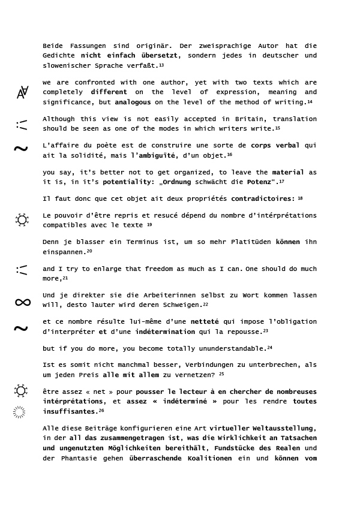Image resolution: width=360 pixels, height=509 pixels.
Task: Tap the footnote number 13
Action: (161, 65)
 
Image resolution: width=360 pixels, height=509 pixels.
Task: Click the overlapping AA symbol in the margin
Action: (22, 92)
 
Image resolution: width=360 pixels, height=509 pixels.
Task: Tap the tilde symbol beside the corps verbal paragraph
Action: (21, 149)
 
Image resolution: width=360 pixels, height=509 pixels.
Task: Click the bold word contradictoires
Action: (263, 198)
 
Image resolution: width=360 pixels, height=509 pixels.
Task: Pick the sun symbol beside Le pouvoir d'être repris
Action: (22, 219)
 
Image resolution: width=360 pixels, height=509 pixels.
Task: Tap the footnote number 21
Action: (65, 278)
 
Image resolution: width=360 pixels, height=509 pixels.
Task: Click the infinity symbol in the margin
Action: (23, 302)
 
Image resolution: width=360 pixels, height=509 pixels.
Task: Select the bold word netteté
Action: (205, 322)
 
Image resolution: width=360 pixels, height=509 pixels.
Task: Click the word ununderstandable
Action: (223, 348)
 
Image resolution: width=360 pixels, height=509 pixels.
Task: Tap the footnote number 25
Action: (221, 374)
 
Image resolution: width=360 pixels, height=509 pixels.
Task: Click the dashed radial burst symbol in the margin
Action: (19, 412)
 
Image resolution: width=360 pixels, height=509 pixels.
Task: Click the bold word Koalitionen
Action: (202, 458)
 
